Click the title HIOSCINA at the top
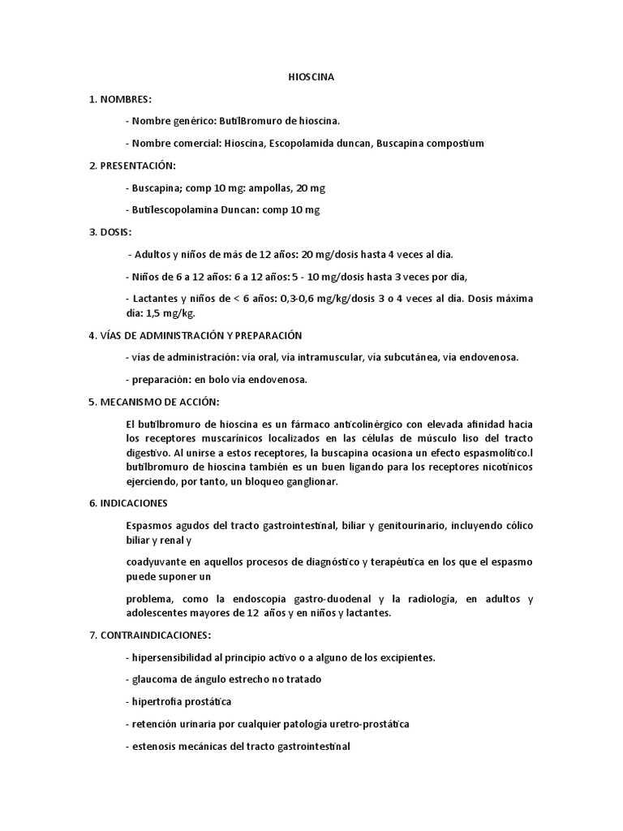pos(311,77)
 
